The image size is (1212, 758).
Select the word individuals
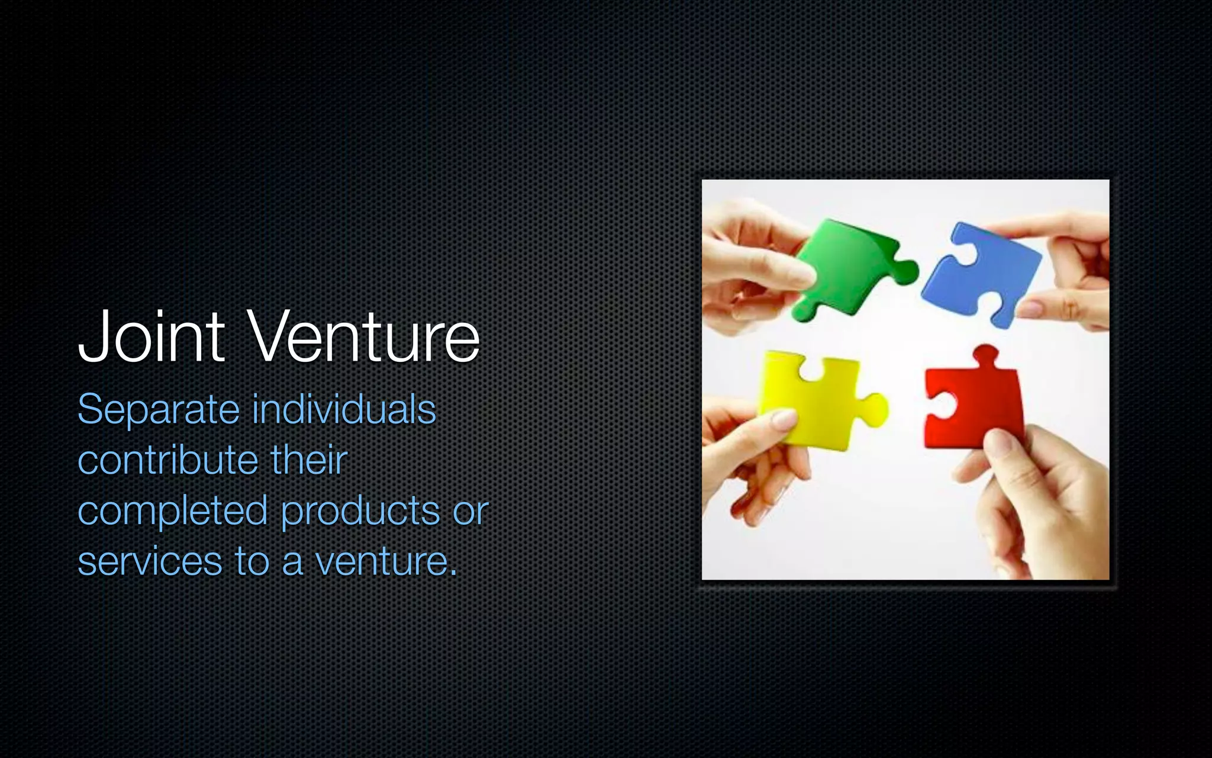pyautogui.click(x=344, y=410)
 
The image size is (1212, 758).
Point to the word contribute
pyautogui.click(x=167, y=460)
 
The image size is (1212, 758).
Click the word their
pyautogui.click(x=308, y=460)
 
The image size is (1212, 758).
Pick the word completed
pyautogui.click(x=172, y=511)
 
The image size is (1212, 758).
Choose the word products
pyautogui.click(x=360, y=511)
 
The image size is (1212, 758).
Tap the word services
pyautogui.click(x=150, y=561)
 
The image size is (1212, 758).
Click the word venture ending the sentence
pyautogui.click(x=385, y=561)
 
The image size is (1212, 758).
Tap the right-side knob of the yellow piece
pyautogui.click(x=876, y=409)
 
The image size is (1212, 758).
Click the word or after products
pyautogui.click(x=471, y=511)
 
